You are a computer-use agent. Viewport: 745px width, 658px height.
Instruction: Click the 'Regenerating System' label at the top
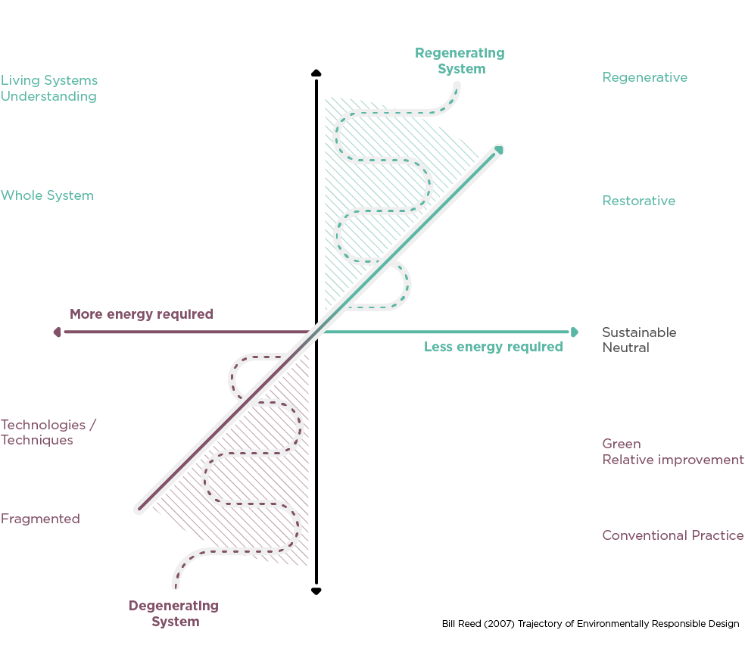460,61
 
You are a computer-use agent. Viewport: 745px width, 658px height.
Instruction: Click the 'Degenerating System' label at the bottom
174,613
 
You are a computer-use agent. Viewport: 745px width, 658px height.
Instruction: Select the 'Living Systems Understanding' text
49,88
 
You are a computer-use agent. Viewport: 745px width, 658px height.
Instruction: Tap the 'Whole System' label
47,195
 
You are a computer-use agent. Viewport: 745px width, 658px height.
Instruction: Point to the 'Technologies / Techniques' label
48,432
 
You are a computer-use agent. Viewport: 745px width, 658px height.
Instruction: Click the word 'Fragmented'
40,519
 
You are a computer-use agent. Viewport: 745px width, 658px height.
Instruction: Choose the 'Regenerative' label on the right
644,77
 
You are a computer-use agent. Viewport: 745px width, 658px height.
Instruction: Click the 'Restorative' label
638,201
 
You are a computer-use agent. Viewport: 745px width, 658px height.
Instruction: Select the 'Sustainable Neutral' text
638,340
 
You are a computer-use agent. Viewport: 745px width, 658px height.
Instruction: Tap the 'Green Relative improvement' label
672,451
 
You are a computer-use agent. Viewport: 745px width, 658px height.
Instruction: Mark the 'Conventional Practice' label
672,535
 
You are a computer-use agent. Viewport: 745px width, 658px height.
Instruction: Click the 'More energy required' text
142,313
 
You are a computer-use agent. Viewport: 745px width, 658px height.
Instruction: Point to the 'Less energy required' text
493,347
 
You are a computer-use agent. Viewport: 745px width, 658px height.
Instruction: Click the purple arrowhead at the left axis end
58,332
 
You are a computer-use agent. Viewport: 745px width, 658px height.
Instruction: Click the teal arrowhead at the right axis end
574,332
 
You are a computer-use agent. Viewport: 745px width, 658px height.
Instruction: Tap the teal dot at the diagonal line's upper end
499,149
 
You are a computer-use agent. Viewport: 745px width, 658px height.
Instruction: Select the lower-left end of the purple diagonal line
139,510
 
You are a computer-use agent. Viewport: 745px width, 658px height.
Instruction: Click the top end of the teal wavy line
456,86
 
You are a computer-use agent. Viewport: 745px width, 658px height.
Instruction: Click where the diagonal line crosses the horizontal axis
316,332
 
